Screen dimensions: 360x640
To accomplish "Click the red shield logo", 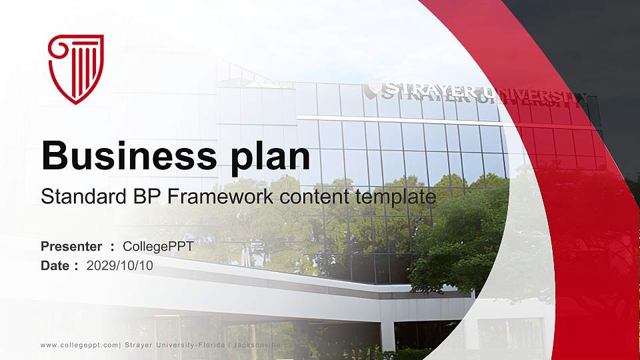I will pos(76,69).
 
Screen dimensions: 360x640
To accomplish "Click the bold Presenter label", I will pos(71,247).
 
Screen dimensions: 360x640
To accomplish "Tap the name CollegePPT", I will pos(158,247).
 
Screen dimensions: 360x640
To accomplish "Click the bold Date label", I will pos(55,265).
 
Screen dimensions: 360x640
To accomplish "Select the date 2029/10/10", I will pos(120,265).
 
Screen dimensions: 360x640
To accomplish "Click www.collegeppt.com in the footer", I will pos(79,345).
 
